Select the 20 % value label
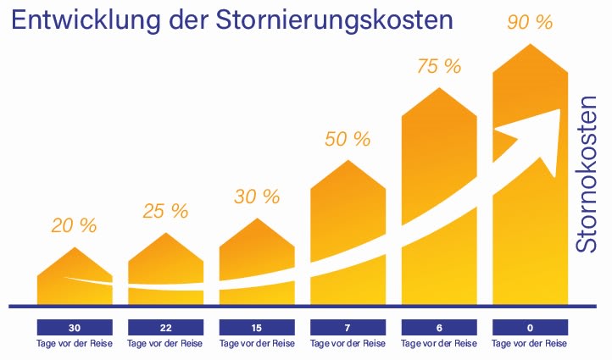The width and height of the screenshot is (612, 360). click(x=74, y=225)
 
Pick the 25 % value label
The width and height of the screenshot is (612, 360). click(x=165, y=211)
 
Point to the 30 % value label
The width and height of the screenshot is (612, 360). click(x=256, y=197)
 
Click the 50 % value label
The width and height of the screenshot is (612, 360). click(x=348, y=139)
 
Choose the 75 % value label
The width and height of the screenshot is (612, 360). click(x=438, y=66)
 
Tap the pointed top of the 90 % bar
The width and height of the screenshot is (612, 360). click(x=530, y=45)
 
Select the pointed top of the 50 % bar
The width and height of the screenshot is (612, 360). click(x=348, y=161)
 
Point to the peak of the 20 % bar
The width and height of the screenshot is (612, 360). click(x=75, y=249)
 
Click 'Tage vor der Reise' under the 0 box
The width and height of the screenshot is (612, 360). click(x=530, y=344)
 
